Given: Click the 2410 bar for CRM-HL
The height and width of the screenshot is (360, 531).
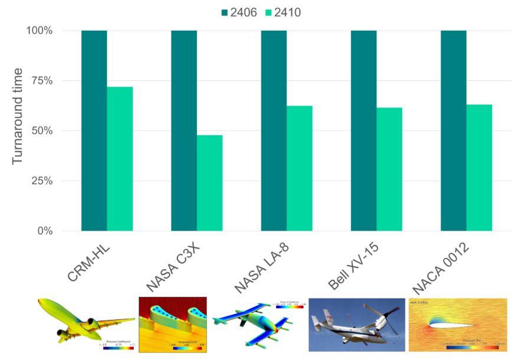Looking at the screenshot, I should tap(120, 159).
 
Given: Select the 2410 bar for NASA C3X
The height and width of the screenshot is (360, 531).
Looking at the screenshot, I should tap(209, 183).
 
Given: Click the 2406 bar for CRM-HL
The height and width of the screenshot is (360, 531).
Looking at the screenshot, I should tap(94, 130).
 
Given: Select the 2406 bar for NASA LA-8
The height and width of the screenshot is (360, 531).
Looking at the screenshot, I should tap(274, 130).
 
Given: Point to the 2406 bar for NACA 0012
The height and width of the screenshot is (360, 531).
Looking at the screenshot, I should tap(453, 130).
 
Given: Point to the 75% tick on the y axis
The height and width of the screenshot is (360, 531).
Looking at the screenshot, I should tap(41, 81).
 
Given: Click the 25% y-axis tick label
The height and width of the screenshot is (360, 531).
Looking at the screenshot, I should tap(41, 181).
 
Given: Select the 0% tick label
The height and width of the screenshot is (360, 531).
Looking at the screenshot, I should tap(44, 231).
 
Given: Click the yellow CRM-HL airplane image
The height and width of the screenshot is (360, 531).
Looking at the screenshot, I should tap(86, 325).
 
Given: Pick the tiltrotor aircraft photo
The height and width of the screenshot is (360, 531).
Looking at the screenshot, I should tap(354, 325).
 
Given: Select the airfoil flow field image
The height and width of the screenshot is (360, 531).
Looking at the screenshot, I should tap(457, 325).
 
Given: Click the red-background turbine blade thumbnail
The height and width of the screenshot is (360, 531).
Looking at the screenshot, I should tap(172, 325).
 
